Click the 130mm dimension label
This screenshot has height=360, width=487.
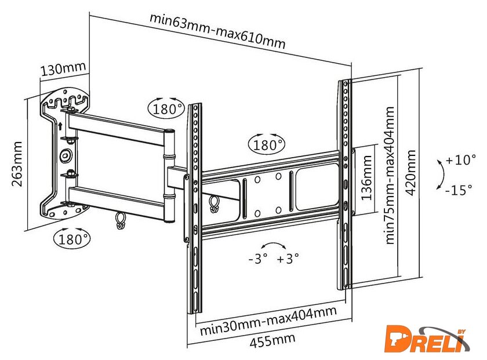pos(63,70)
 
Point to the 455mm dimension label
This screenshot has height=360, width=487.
pos(272,340)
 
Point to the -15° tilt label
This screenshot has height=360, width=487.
pos(459,189)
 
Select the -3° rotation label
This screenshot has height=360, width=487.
pos(257,259)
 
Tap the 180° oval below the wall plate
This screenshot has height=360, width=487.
pos(71,238)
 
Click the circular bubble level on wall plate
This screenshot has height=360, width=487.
pos(66,155)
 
